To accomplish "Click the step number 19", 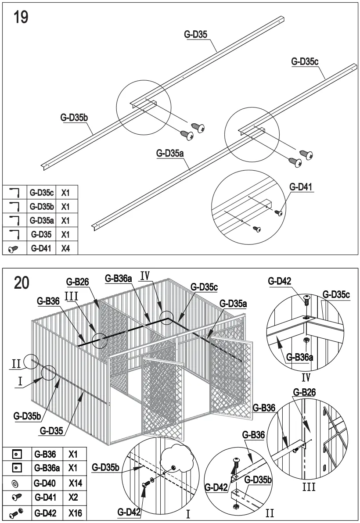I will coord(21,18).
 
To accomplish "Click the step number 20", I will coord(22,283).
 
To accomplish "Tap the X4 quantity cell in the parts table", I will coord(66,248).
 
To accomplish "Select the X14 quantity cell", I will coord(73,483).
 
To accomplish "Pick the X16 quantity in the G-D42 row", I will coord(73,512).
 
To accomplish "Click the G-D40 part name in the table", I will coord(44,483).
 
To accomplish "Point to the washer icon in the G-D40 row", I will coord(15,483).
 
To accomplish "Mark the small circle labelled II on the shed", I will coord(32,362).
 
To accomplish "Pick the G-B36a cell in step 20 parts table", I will coord(44,468).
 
